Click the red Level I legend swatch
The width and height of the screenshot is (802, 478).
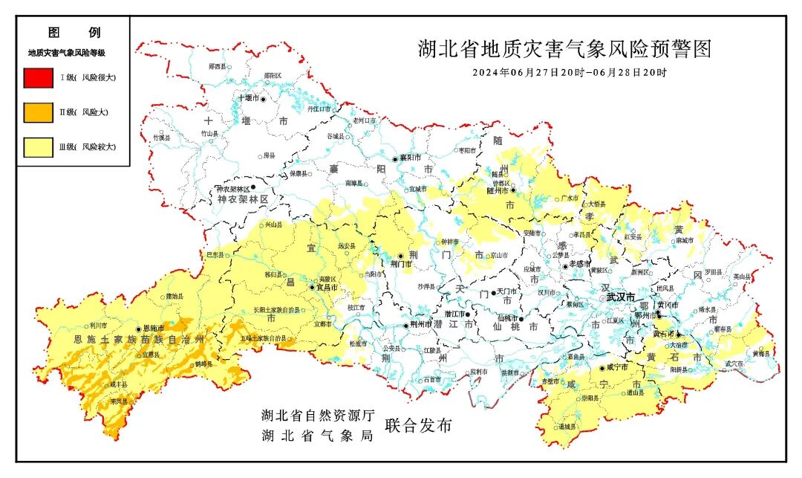(x=39, y=77)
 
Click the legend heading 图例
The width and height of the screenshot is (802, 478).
(x=74, y=33)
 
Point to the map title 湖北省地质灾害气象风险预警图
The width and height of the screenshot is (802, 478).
(x=564, y=50)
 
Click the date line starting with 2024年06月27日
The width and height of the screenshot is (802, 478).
(x=570, y=73)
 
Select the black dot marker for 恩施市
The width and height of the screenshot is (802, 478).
(x=138, y=329)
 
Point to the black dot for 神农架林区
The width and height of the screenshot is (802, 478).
(x=253, y=187)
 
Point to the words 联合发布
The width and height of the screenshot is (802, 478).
(x=417, y=426)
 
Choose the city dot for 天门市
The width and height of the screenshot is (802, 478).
(x=493, y=293)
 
